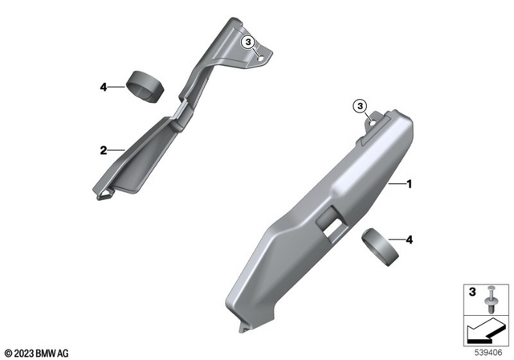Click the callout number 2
point(103,149)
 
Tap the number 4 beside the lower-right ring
point(410,239)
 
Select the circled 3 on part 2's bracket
point(249,42)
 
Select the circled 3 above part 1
point(360,104)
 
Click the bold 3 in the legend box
point(472,290)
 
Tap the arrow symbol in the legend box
point(483,330)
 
